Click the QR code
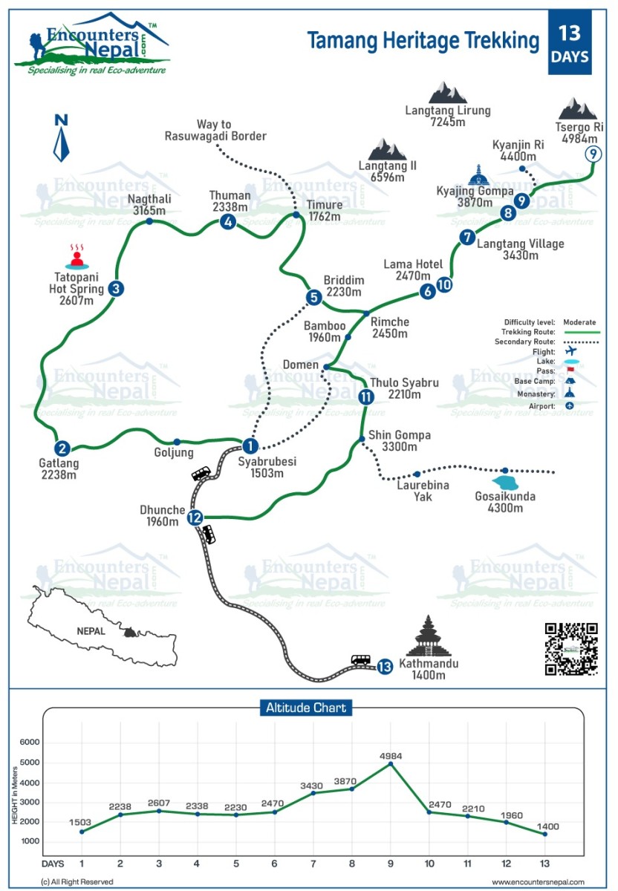click(571, 649)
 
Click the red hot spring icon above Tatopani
click(77, 256)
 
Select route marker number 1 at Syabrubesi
click(250, 446)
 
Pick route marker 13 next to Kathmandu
click(384, 667)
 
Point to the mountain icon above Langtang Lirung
click(448, 92)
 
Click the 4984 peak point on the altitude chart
click(391, 764)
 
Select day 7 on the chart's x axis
click(313, 864)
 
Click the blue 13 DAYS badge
click(570, 43)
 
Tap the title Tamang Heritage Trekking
click(423, 41)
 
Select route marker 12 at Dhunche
click(195, 518)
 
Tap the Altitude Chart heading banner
click(306, 708)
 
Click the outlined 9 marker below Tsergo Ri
click(592, 154)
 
